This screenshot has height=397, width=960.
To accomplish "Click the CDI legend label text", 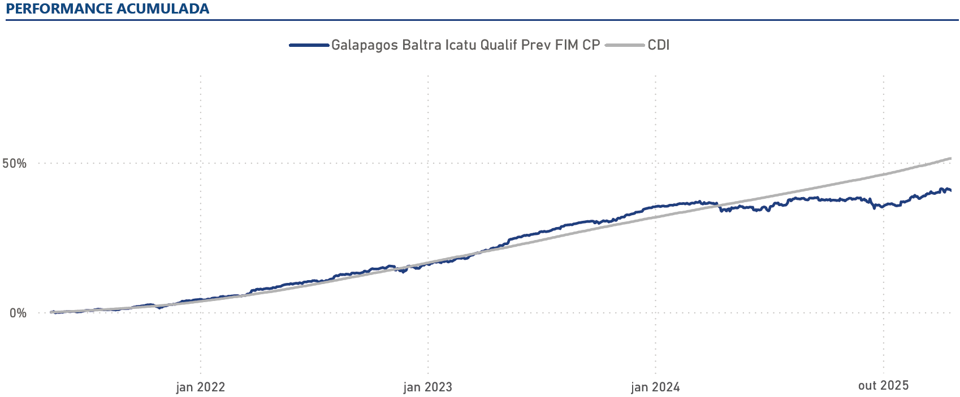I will point(659,45).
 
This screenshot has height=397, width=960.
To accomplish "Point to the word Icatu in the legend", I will point(461,45).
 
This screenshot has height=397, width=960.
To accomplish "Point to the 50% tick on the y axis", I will point(15,163).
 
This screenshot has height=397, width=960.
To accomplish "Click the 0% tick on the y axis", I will point(18,313).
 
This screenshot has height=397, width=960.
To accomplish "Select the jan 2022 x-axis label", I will point(201,387).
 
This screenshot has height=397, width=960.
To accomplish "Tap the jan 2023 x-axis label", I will point(428,387).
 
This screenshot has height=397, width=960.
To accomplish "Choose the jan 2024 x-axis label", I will point(656,387).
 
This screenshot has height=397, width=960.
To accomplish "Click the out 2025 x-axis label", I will point(883,385).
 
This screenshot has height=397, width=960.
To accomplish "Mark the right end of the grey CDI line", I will point(950,159).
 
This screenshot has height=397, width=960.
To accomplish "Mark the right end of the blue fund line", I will point(950,190).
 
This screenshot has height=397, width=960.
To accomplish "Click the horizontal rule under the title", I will point(481,20).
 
